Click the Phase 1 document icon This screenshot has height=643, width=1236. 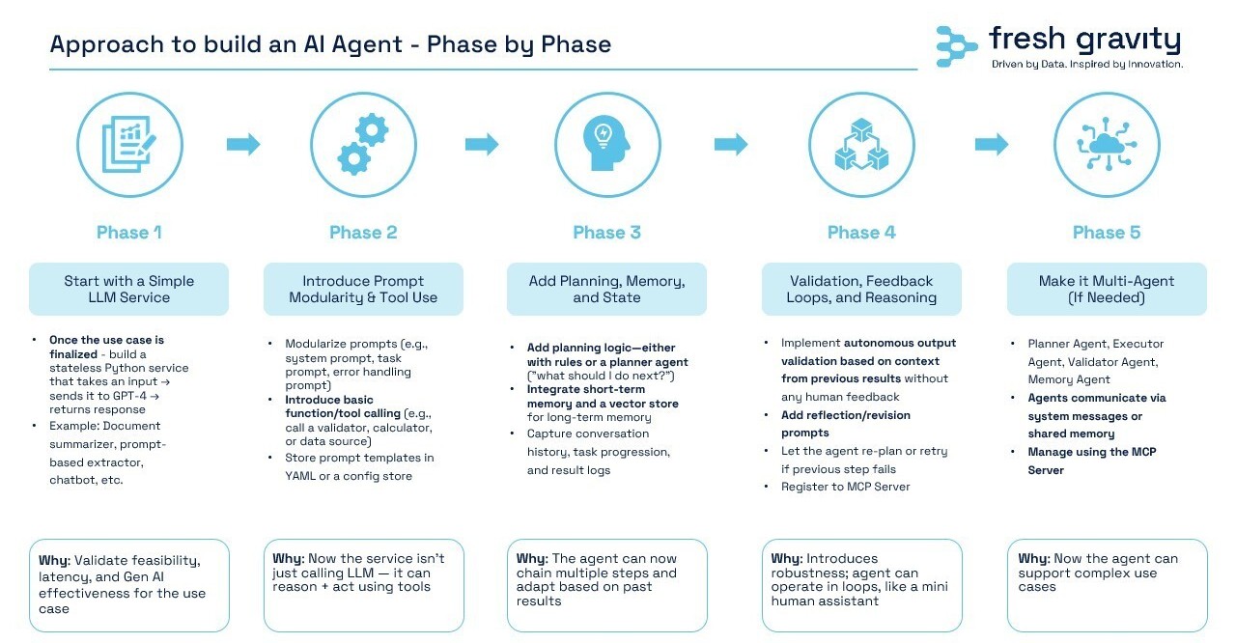[x=129, y=145]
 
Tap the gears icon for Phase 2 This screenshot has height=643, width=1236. [x=363, y=145]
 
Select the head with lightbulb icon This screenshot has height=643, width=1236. [x=606, y=144]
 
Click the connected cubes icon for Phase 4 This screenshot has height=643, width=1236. [x=861, y=145]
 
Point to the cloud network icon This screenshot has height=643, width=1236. [x=1107, y=144]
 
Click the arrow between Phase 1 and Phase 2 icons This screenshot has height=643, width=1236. [x=243, y=145]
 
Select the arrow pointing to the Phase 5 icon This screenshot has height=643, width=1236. [x=992, y=145]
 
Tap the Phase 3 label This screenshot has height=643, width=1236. [x=606, y=232]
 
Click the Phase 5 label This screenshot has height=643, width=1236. [x=1107, y=232]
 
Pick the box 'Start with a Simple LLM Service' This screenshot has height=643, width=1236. [x=128, y=289]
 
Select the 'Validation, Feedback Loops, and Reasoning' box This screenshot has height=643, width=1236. [x=861, y=289]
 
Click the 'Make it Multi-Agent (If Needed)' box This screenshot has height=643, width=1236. [x=1107, y=289]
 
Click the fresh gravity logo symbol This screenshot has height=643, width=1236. [x=956, y=47]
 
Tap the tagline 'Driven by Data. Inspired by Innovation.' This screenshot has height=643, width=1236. [x=1087, y=64]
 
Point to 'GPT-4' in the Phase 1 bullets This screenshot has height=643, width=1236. [x=129, y=396]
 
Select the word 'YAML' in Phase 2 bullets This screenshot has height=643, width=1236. [x=300, y=476]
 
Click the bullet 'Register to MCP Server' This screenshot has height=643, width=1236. [x=845, y=487]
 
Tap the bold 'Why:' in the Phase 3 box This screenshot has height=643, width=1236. [x=532, y=559]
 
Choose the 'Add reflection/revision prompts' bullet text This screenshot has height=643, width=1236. [x=845, y=424]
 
